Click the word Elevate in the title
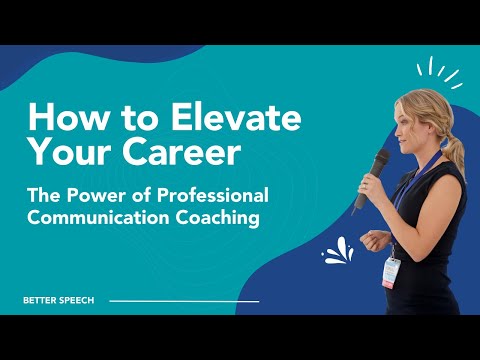236,116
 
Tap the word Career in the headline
181,152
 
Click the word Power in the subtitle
97,195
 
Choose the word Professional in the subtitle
213,196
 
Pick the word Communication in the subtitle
98,217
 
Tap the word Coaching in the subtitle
218,218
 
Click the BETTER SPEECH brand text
59,300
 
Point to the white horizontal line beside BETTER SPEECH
184,301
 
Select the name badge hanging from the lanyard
391,273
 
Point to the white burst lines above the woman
440,72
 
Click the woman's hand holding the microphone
368,187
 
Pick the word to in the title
140,118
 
